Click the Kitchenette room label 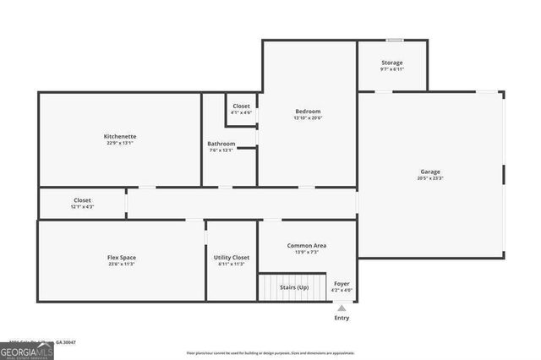pos(120,136)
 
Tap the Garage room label pos(430,172)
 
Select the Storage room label pos(391,63)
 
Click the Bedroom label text pos(308,112)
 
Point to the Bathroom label pos(221,144)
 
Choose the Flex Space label pos(121,257)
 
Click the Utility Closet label pos(231,257)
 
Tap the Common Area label pos(307,245)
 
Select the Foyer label pos(342,283)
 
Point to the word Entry pos(342,318)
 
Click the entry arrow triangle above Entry pos(342,308)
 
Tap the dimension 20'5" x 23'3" pos(430,178)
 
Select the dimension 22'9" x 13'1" pos(120,143)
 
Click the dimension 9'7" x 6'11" pos(391,69)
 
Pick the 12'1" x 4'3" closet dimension pos(82,207)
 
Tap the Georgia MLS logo pos(27,350)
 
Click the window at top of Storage pos(394,40)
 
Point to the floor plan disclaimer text pos(270,352)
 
